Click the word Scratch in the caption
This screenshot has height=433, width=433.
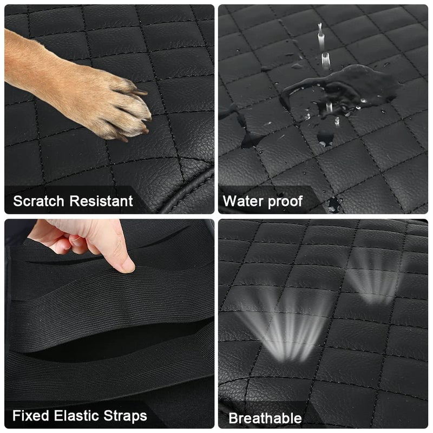pyautogui.click(x=38, y=201)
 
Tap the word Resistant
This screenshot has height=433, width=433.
pyautogui.click(x=101, y=201)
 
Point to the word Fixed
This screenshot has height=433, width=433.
pyautogui.click(x=31, y=416)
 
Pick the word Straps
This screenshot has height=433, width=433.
pyautogui.click(x=125, y=416)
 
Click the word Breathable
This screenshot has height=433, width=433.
pyautogui.click(x=265, y=418)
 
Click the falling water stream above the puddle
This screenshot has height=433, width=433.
pyautogui.click(x=324, y=47)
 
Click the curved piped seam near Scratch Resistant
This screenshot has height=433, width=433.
pyautogui.click(x=188, y=191)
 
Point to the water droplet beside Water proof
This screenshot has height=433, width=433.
pyautogui.click(x=333, y=205)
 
